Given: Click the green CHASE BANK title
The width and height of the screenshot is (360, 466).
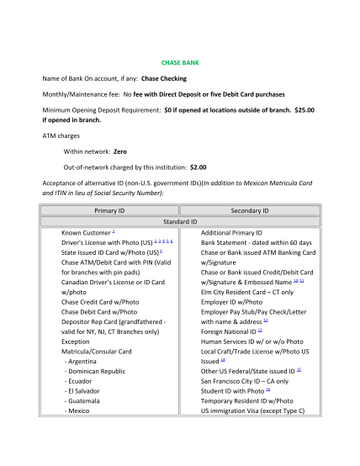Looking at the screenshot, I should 179,63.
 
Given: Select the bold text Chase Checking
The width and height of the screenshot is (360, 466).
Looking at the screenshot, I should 165,77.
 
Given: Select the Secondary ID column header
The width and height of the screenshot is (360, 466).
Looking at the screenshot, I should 249,210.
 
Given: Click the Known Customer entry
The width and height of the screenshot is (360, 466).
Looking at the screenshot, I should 86,231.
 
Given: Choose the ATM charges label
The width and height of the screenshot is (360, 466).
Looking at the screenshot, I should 63,135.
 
